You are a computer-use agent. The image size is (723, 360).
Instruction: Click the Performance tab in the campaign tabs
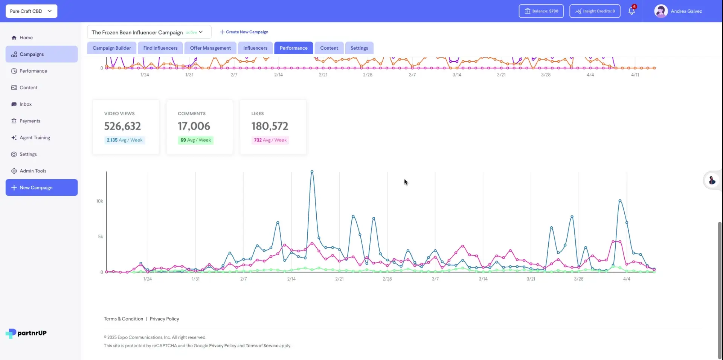tap(293, 48)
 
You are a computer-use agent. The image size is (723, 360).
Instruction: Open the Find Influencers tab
tap(160, 48)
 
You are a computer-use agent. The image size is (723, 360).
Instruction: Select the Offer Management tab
tap(210, 48)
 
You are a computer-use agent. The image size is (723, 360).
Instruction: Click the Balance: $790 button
tap(541, 11)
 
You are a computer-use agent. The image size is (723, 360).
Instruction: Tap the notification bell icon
tap(631, 11)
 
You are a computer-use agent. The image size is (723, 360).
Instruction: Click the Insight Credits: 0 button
tap(595, 11)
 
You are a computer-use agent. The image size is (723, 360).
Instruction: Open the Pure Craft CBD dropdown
tap(31, 11)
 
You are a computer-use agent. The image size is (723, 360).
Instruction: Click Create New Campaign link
tap(244, 32)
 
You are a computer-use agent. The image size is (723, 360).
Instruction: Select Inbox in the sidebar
tap(26, 104)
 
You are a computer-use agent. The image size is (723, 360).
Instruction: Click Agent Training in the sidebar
tap(35, 137)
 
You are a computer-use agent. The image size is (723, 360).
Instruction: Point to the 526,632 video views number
tap(122, 126)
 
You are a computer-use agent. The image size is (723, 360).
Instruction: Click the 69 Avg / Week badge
tap(195, 140)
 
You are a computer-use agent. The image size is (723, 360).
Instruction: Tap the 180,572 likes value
tap(270, 126)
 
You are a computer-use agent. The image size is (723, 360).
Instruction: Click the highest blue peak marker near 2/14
tap(312, 172)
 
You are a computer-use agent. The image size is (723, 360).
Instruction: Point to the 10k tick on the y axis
tap(99, 201)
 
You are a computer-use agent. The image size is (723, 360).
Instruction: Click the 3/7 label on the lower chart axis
tap(435, 279)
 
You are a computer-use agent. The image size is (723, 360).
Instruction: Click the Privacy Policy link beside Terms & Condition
tap(164, 319)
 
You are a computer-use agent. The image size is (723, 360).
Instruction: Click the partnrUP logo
tap(26, 333)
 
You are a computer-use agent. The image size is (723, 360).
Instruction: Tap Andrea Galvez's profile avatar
tap(660, 11)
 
